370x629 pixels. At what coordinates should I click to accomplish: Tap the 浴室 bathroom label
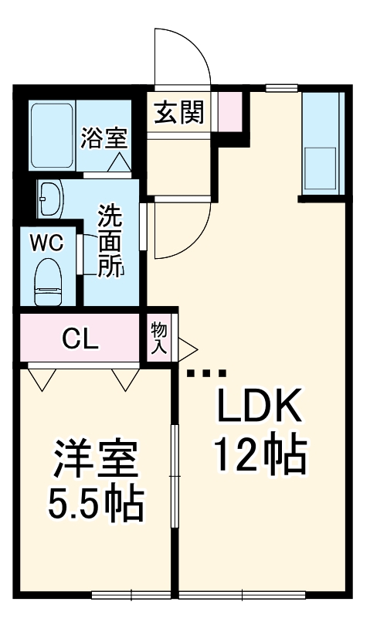coord(104,138)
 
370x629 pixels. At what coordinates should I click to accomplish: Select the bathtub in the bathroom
coord(53,137)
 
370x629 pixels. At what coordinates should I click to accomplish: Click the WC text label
coord(47,243)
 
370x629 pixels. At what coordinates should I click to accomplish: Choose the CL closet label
coord(81,339)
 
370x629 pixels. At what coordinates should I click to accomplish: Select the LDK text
coord(259,406)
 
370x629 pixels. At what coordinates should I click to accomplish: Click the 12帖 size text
coord(261,455)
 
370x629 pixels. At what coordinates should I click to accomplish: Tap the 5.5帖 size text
coord(96,504)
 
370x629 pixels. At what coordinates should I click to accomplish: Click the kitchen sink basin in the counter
coord(321,168)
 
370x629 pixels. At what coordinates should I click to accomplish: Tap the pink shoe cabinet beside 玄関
coord(229,111)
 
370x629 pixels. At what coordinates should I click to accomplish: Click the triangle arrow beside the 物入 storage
coord(188,349)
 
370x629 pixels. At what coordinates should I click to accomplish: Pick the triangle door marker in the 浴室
coord(119,163)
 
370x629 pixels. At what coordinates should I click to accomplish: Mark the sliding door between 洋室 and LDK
coord(175,476)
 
